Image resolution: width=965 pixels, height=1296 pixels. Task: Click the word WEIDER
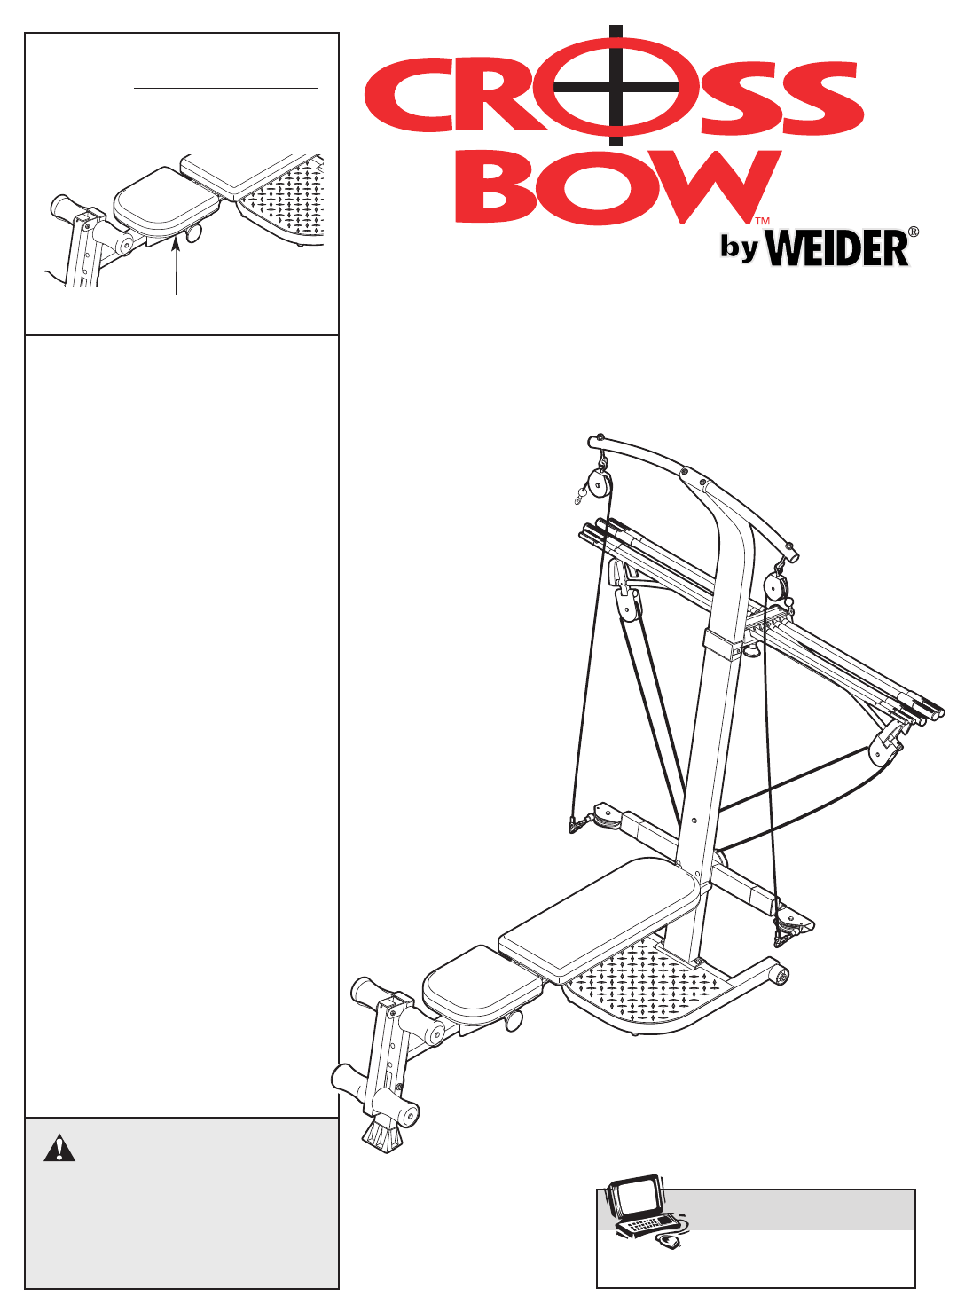click(836, 247)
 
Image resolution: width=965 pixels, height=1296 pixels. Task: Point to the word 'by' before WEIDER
click(739, 247)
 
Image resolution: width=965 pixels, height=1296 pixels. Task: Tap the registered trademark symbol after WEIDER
click(913, 232)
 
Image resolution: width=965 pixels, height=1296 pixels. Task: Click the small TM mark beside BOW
click(761, 221)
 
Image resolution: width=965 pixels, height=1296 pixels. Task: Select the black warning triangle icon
click(59, 1148)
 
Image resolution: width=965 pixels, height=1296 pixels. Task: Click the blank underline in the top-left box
click(225, 89)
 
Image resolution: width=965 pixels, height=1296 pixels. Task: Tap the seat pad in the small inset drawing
click(166, 200)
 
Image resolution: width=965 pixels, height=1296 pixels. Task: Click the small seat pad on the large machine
click(479, 979)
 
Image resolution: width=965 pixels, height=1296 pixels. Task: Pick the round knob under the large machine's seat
click(514, 1021)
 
